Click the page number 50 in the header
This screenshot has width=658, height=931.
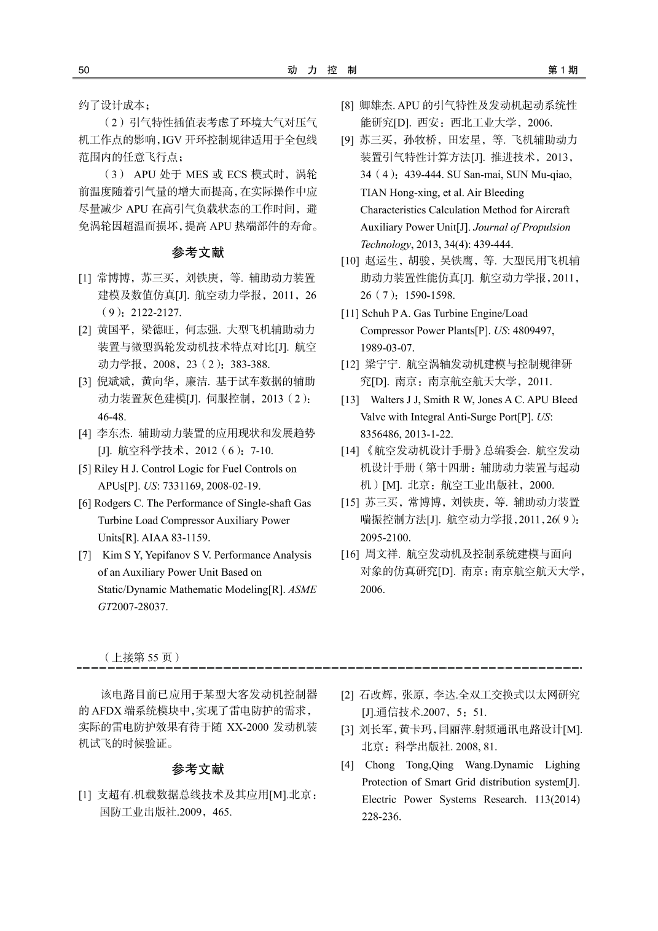coord(84,70)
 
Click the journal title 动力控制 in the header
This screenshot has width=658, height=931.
coord(322,70)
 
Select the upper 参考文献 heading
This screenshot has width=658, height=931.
coord(198,253)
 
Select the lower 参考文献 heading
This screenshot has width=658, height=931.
coord(198,769)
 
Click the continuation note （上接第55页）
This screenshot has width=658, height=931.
coord(142,657)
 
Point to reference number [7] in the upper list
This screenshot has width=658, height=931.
coord(85,555)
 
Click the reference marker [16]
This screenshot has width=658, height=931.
coord(350,554)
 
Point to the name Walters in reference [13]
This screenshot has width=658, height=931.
coord(387,399)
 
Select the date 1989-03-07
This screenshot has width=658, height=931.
coord(387,348)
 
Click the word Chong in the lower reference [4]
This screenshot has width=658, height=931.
coord(379,765)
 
